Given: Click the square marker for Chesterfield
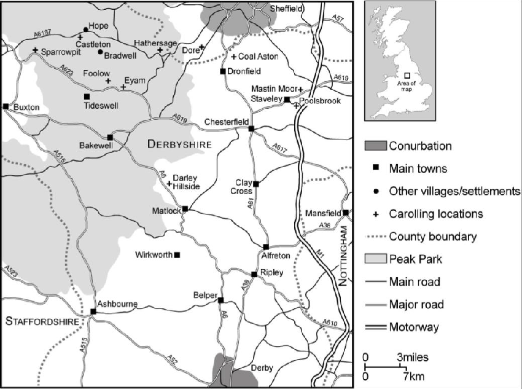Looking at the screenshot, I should [251, 128].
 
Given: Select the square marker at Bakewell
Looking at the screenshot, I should [110, 137].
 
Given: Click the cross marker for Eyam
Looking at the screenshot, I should [123, 87].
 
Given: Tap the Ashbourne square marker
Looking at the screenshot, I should [93, 312].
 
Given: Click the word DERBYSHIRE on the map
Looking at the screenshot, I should [179, 144].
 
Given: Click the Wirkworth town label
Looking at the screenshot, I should [154, 255].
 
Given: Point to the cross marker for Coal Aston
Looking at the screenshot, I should [233, 57].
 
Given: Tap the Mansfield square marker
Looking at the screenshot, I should [346, 213].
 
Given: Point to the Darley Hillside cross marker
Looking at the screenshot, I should [169, 183].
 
